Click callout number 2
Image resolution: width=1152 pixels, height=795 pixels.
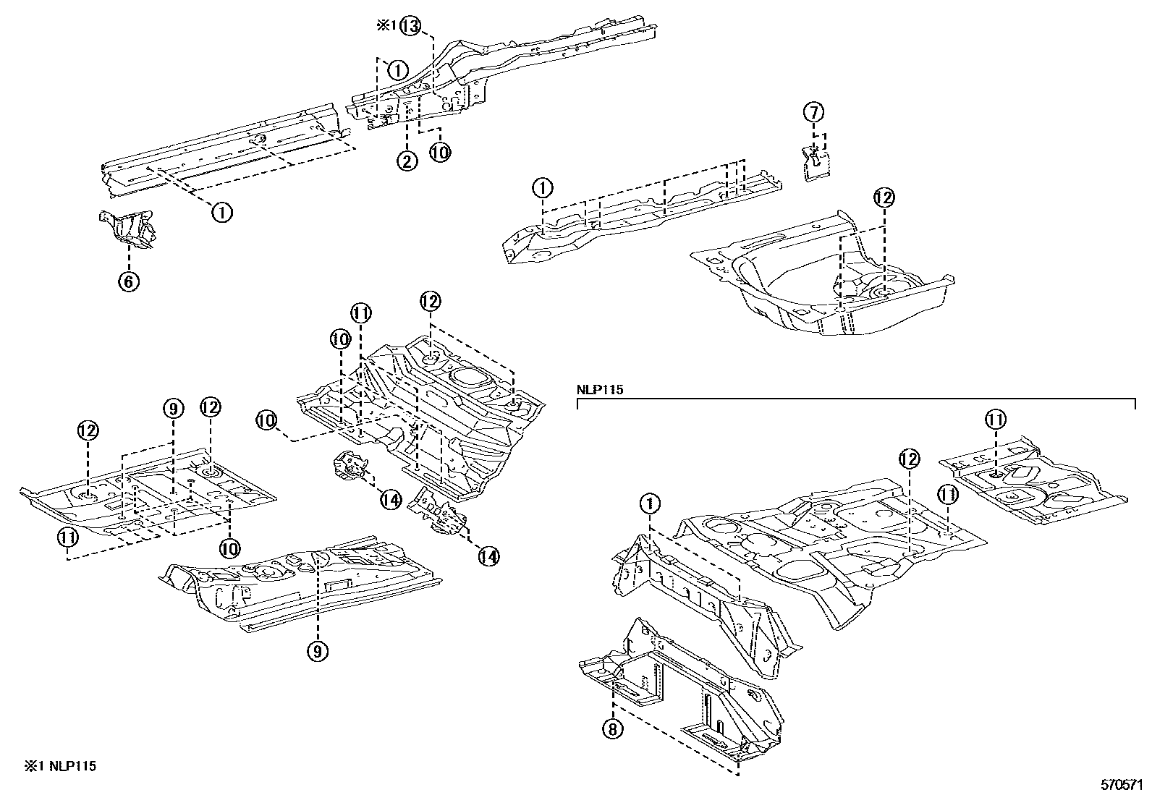(x=407, y=161)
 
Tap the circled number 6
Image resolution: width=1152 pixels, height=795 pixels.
(x=128, y=281)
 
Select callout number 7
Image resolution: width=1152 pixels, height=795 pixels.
(x=814, y=112)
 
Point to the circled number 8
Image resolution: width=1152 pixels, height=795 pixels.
(x=612, y=729)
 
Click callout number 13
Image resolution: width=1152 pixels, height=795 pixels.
(x=410, y=26)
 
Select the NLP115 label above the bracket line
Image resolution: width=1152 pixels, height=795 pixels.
(x=600, y=389)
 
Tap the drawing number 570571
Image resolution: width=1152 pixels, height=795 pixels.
(x=1121, y=783)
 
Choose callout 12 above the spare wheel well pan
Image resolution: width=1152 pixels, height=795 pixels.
(x=884, y=197)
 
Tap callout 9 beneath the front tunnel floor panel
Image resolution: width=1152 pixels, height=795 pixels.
(x=317, y=651)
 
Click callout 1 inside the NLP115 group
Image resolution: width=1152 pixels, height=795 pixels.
(x=650, y=503)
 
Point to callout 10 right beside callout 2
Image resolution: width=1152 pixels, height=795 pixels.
(x=439, y=152)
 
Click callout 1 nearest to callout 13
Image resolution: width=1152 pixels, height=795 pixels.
(x=397, y=69)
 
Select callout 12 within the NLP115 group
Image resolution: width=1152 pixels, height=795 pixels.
(x=909, y=458)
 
